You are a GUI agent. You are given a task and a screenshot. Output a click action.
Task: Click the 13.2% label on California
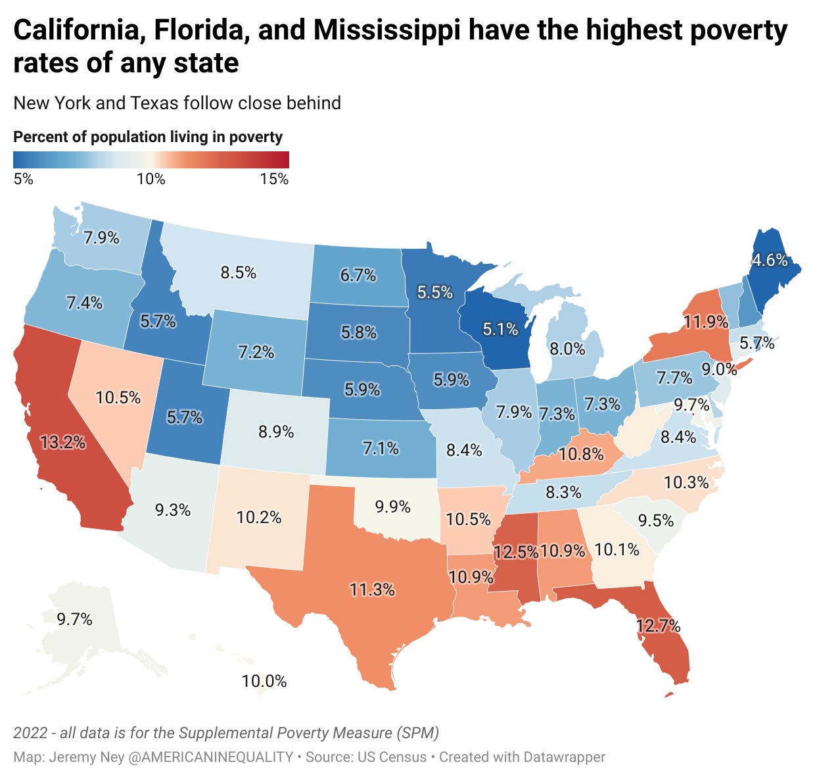(x=62, y=442)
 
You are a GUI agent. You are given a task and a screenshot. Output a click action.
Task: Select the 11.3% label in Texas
(x=372, y=589)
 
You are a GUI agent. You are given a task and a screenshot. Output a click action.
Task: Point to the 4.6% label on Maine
(x=770, y=260)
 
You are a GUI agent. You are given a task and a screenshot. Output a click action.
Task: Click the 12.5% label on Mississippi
(x=516, y=551)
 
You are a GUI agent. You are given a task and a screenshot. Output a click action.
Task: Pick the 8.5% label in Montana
(x=238, y=272)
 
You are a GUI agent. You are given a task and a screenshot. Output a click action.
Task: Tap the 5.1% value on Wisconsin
(x=500, y=328)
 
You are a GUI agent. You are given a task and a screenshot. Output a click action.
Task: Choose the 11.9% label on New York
(x=705, y=322)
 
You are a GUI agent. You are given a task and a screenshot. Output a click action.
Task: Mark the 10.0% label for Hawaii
(x=264, y=681)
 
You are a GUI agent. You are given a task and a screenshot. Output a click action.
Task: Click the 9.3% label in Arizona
(x=172, y=509)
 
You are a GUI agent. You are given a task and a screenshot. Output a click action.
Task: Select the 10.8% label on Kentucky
(x=581, y=454)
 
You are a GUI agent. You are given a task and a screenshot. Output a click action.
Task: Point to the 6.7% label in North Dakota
(x=358, y=275)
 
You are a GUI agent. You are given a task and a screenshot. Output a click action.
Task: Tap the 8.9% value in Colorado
(x=276, y=432)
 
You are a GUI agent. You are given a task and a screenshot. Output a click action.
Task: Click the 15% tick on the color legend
(x=274, y=179)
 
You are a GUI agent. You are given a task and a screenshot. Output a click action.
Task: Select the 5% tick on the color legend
(x=23, y=179)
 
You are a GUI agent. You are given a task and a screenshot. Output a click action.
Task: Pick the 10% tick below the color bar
(x=151, y=179)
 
